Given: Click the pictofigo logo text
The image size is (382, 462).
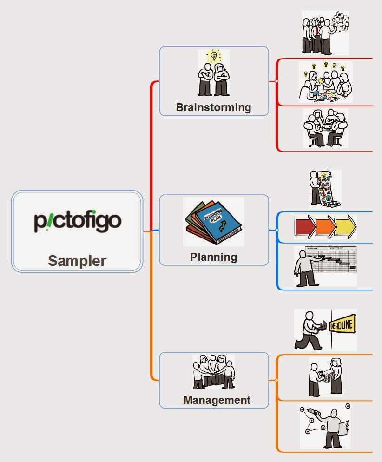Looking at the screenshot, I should [x=77, y=221].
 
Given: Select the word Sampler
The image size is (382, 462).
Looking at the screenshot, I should [x=77, y=261].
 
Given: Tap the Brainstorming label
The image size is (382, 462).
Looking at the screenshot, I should [x=213, y=107].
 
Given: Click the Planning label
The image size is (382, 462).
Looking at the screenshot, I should [x=213, y=257].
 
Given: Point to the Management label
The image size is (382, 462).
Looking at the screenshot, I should [x=217, y=400].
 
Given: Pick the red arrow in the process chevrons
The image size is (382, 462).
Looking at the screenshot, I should [x=304, y=227].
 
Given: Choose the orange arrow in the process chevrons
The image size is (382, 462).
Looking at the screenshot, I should [x=325, y=227].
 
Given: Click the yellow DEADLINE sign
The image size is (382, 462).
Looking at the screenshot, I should [x=343, y=326].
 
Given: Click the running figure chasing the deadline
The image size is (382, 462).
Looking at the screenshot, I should [x=309, y=331].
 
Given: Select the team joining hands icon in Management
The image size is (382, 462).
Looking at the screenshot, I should [x=214, y=372].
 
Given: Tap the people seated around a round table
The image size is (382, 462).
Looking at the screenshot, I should [x=325, y=128].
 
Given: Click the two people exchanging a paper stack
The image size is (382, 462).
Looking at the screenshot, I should [x=325, y=376].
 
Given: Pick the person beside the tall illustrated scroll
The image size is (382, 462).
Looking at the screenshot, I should [x=315, y=188].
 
